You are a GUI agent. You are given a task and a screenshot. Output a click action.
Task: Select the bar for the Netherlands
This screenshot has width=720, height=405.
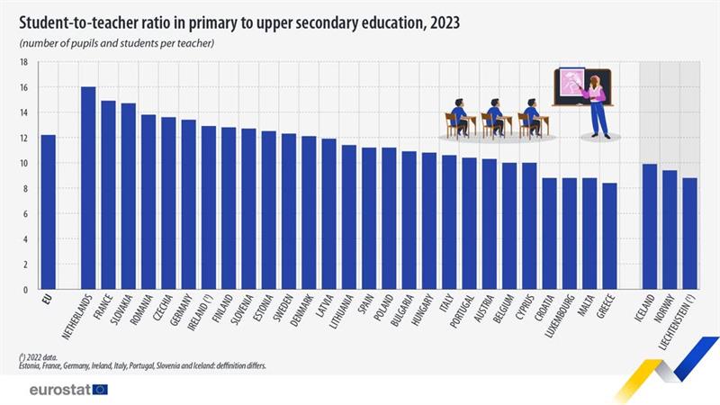88,188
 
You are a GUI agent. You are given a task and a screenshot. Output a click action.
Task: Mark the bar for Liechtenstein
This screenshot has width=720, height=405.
689,234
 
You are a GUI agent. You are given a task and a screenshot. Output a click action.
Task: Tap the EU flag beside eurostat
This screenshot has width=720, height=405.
100,390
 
